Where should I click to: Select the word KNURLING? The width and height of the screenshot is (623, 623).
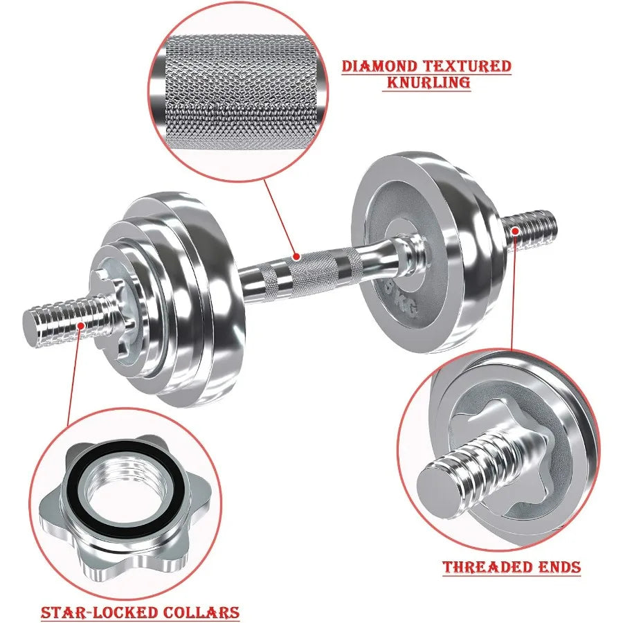click(x=427, y=82)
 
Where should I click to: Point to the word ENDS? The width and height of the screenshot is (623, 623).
click(x=558, y=568)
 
